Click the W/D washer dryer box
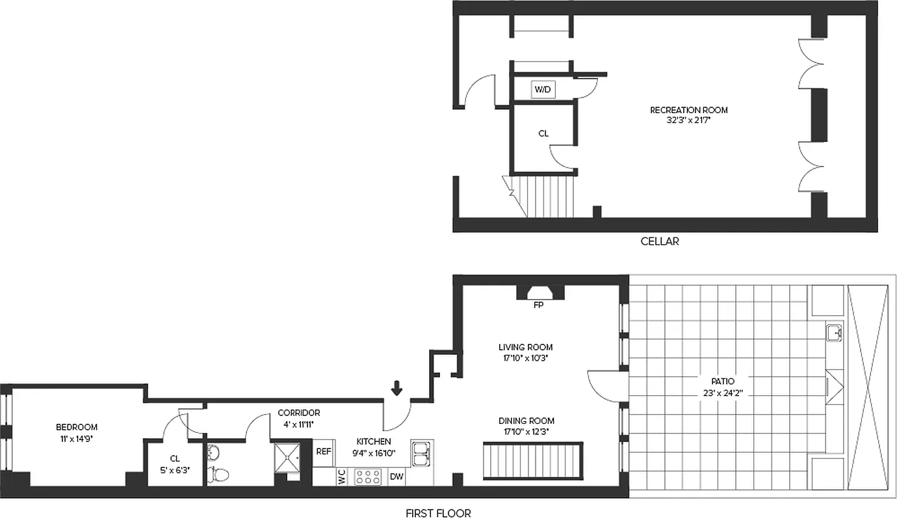543,90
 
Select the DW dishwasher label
396,477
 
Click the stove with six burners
368,477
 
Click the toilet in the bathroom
218,474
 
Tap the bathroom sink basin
214,452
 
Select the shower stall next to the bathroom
287,458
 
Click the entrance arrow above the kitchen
396,388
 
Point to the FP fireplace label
538,305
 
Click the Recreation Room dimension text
689,120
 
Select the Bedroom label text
77,427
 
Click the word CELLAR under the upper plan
660,241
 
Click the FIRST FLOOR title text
438,513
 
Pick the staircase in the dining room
532,461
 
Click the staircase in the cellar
550,196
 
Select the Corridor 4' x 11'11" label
298,418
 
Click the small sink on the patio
834,333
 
